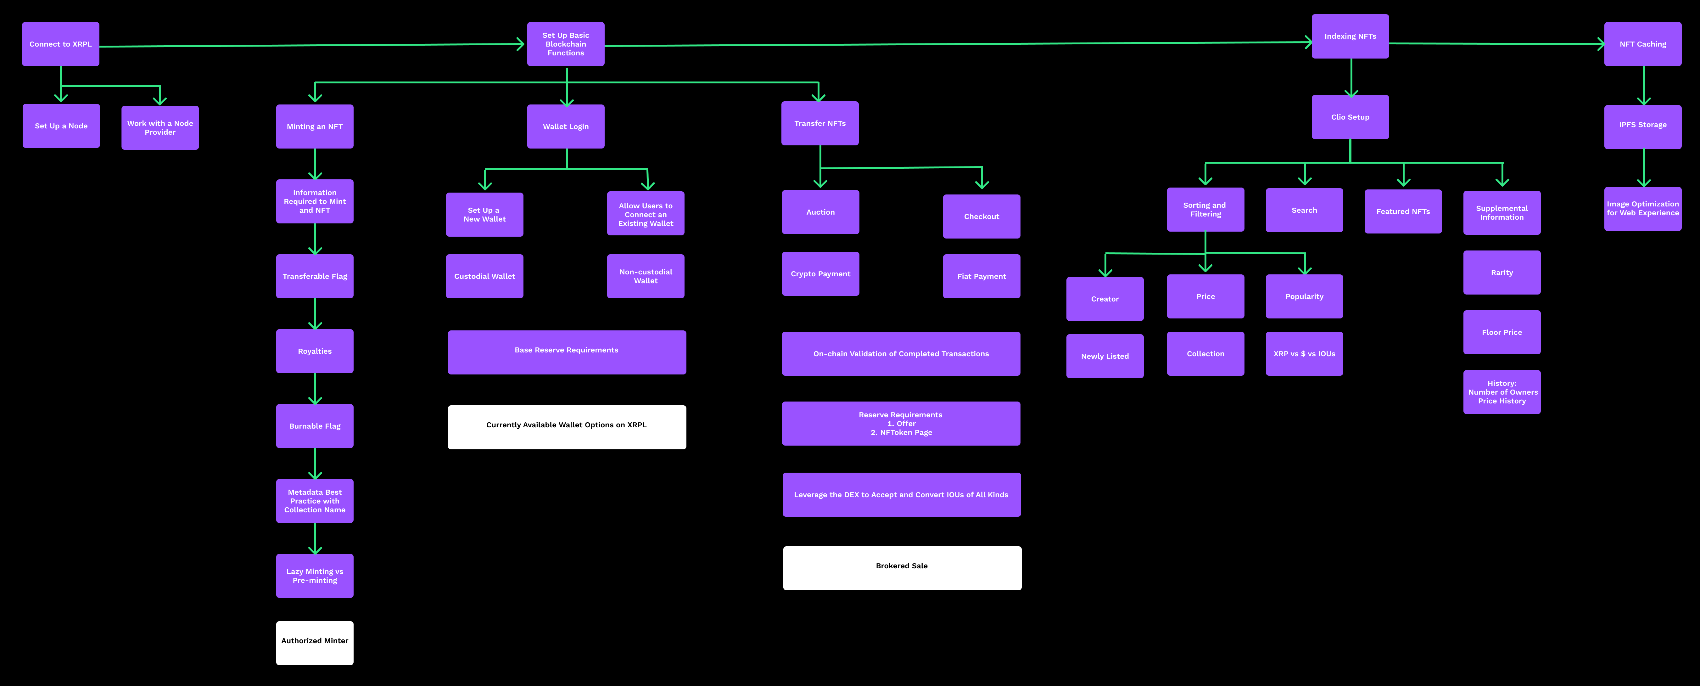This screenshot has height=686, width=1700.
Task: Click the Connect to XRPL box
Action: (x=61, y=44)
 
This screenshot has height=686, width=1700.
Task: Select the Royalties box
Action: (x=315, y=351)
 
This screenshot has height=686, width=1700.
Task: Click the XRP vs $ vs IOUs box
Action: (x=1304, y=354)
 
